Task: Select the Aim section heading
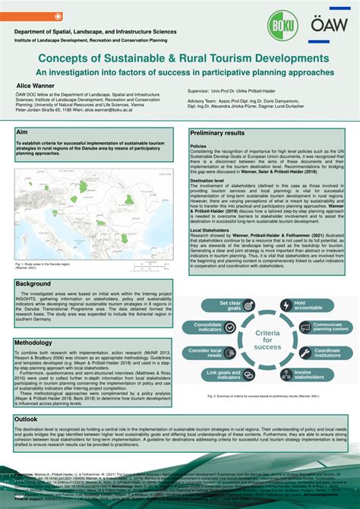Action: (22, 132)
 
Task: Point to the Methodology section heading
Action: (33, 343)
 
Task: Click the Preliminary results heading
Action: (217, 133)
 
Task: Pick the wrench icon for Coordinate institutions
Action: (298, 353)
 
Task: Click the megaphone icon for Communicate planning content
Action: (298, 327)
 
